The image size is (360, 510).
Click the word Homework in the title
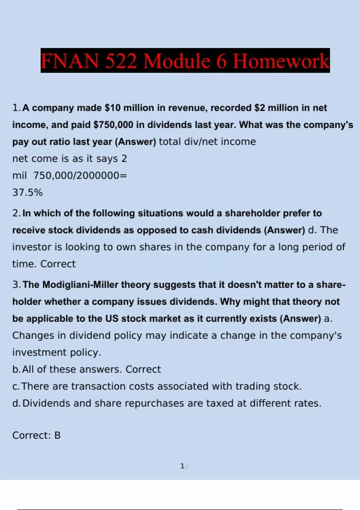coord(281,61)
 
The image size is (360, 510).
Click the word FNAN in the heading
coord(70,61)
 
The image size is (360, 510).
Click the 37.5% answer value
coord(28,192)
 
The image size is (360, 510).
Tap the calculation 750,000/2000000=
coord(80,175)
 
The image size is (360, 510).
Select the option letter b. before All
coord(16,369)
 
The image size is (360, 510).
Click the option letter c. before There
coord(16,386)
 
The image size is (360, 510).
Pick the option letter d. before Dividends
coord(16,403)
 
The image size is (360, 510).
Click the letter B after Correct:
coord(57,435)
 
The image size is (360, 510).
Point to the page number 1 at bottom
coord(182,466)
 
